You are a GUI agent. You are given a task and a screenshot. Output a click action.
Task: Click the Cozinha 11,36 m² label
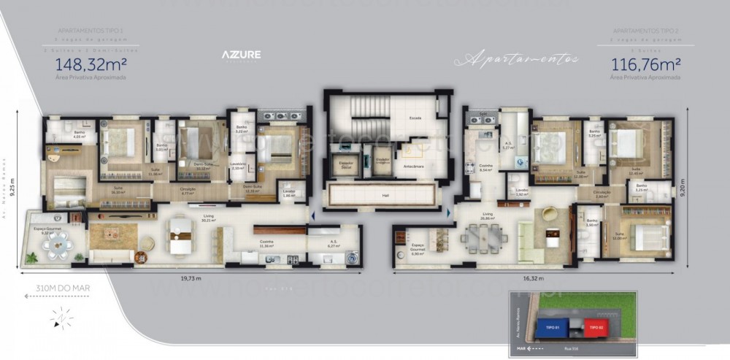(267, 244)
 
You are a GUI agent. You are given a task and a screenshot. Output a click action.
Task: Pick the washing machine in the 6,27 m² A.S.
(350, 256)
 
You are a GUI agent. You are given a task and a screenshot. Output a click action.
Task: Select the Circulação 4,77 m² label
(188, 191)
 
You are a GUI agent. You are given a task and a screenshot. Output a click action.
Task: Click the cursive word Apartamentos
(516, 58)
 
